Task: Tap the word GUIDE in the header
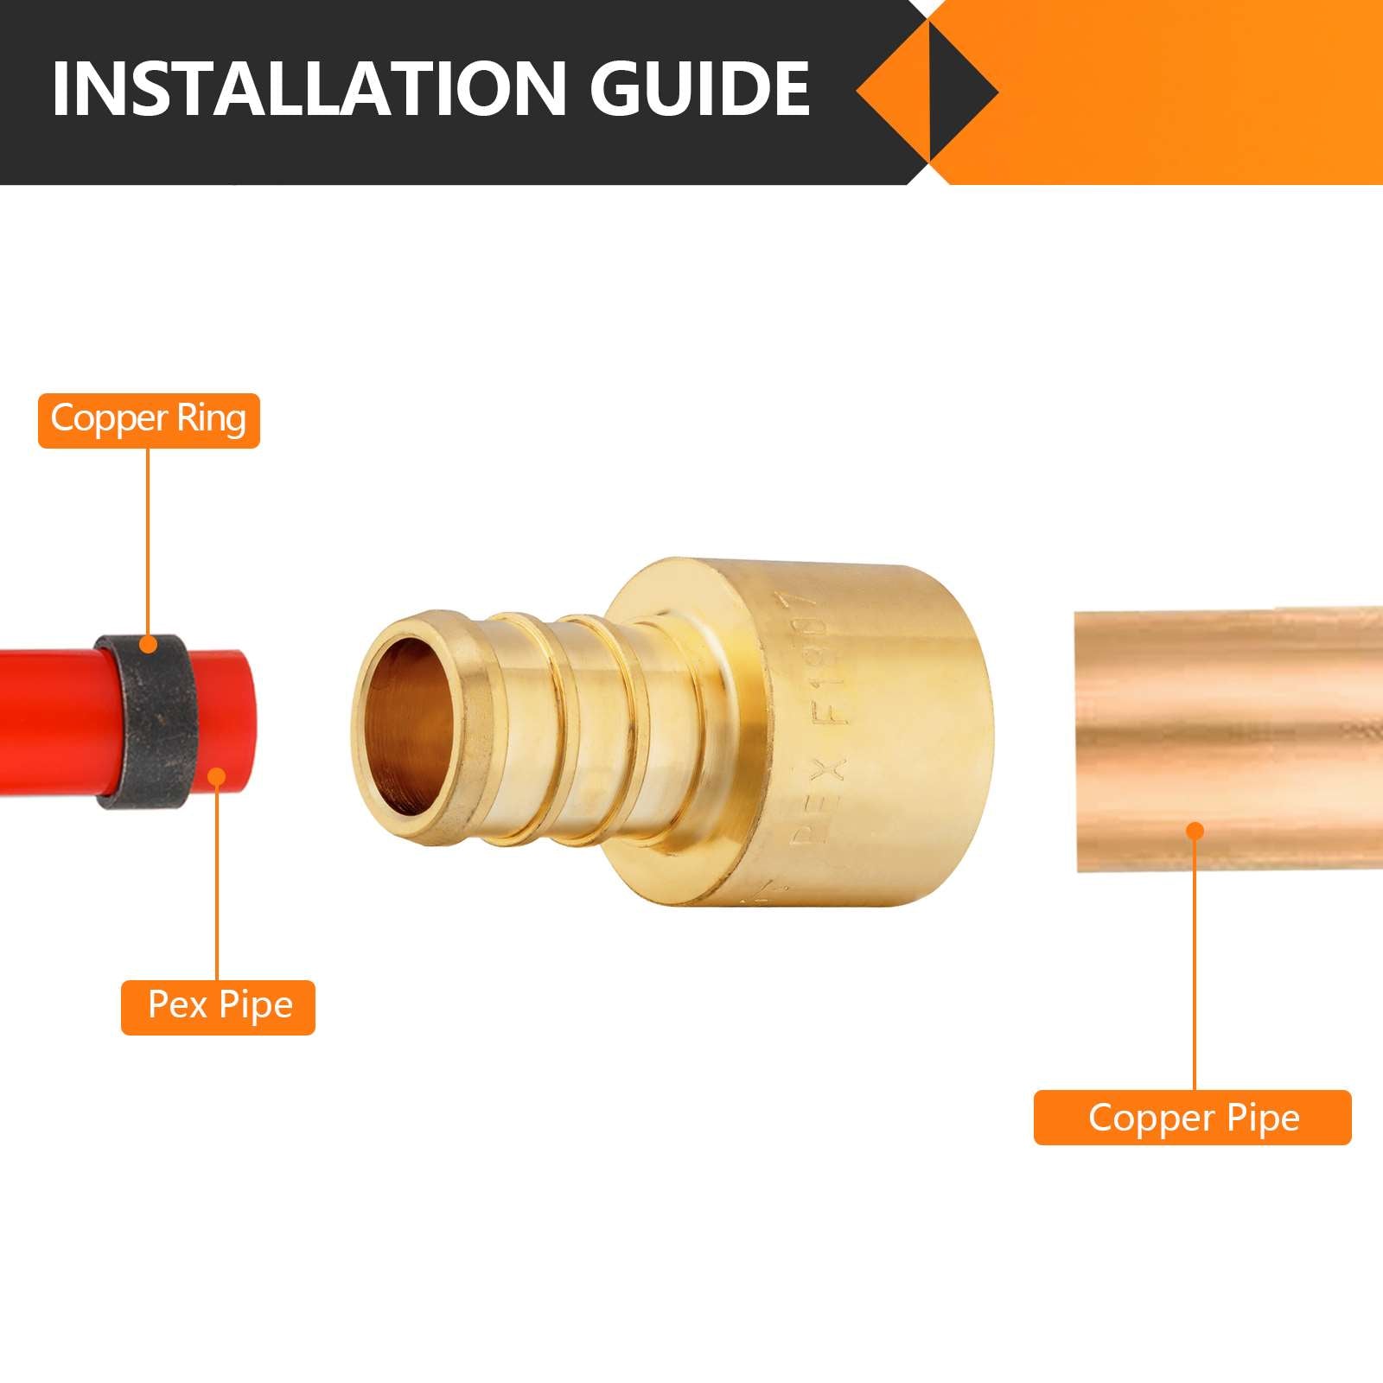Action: [700, 88]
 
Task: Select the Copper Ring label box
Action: [149, 420]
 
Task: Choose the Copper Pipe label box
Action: [1192, 1118]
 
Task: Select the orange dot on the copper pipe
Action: [1195, 832]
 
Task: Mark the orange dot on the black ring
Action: [149, 644]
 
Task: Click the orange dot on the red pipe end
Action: [218, 777]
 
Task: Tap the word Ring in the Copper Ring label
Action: [211, 419]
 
